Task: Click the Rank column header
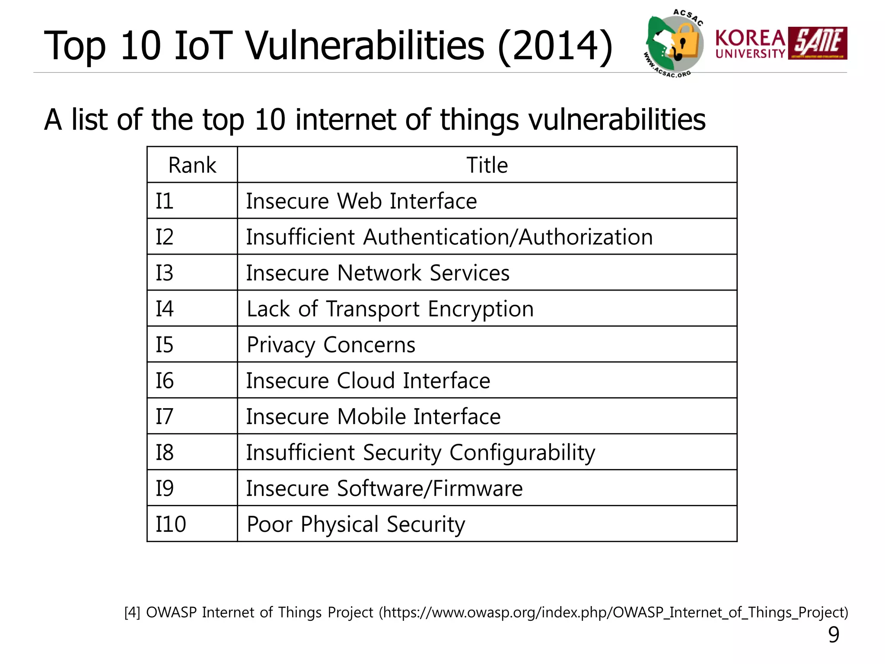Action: point(192,165)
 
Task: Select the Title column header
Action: point(487,165)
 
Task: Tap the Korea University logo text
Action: point(750,44)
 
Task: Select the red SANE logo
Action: point(818,43)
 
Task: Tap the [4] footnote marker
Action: point(132,613)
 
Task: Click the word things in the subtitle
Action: point(479,120)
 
